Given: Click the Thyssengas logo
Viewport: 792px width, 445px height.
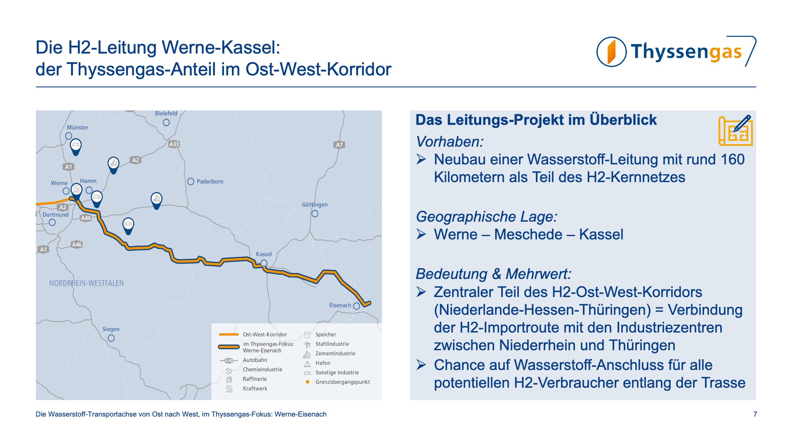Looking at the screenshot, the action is (676, 52).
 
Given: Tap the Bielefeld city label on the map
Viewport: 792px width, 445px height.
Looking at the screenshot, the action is (166, 113).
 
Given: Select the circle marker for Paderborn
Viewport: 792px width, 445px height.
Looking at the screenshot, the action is (191, 181).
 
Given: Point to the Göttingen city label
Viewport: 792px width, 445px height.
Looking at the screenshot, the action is (315, 204).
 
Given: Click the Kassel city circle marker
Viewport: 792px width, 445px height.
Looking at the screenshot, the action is (264, 263).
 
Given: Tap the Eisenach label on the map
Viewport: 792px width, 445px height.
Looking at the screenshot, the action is (340, 305).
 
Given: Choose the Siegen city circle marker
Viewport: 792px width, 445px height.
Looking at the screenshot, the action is (111, 338).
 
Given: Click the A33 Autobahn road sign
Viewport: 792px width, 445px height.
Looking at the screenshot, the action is (174, 144).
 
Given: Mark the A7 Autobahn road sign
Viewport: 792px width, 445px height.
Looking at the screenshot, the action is (339, 145).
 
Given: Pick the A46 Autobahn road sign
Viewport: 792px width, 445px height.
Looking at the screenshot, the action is (77, 244).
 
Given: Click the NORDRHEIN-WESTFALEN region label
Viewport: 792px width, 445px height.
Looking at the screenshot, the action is (87, 283).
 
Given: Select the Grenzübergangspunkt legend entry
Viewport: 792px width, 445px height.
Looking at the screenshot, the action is (338, 382).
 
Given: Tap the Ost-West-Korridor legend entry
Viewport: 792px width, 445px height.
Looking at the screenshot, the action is (252, 335).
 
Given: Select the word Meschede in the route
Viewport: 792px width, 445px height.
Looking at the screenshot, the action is (528, 234).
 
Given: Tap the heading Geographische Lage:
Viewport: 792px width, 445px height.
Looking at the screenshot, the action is (487, 217).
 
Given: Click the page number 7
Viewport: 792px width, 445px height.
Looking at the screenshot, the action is (755, 414).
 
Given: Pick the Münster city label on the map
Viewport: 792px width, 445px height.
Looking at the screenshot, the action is (78, 127).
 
